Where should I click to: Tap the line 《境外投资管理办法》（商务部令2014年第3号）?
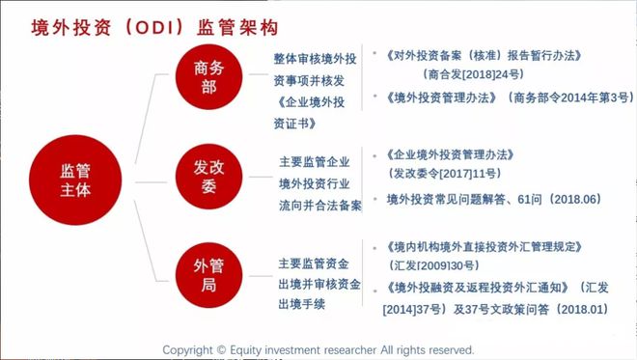tap(508, 97)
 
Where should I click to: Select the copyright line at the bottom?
tap(318, 348)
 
